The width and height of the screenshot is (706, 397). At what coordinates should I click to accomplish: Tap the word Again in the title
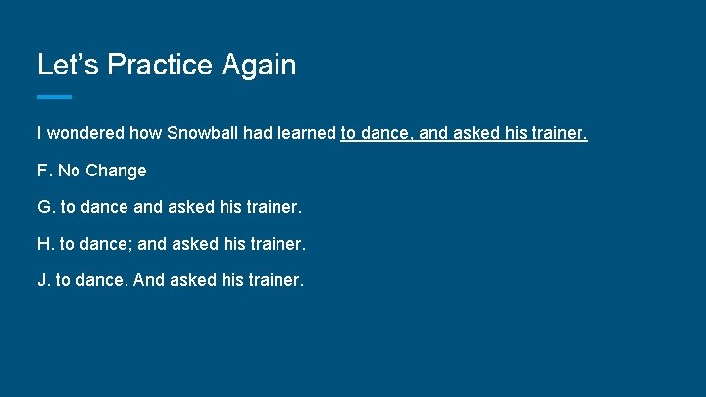pos(258,65)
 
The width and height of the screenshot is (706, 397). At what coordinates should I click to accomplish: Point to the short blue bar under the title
pos(54,97)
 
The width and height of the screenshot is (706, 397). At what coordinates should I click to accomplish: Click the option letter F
pos(43,171)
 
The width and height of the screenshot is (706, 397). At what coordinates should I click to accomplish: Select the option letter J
pos(42,280)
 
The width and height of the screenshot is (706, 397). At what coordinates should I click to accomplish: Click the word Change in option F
pos(116,171)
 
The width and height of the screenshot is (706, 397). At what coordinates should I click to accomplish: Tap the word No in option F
pos(69,171)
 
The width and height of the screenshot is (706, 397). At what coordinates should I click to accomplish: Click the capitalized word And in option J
pos(147,280)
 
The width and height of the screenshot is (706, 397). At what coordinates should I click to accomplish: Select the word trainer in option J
pos(277,280)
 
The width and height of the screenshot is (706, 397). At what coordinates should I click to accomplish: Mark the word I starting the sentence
pos(39,133)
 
